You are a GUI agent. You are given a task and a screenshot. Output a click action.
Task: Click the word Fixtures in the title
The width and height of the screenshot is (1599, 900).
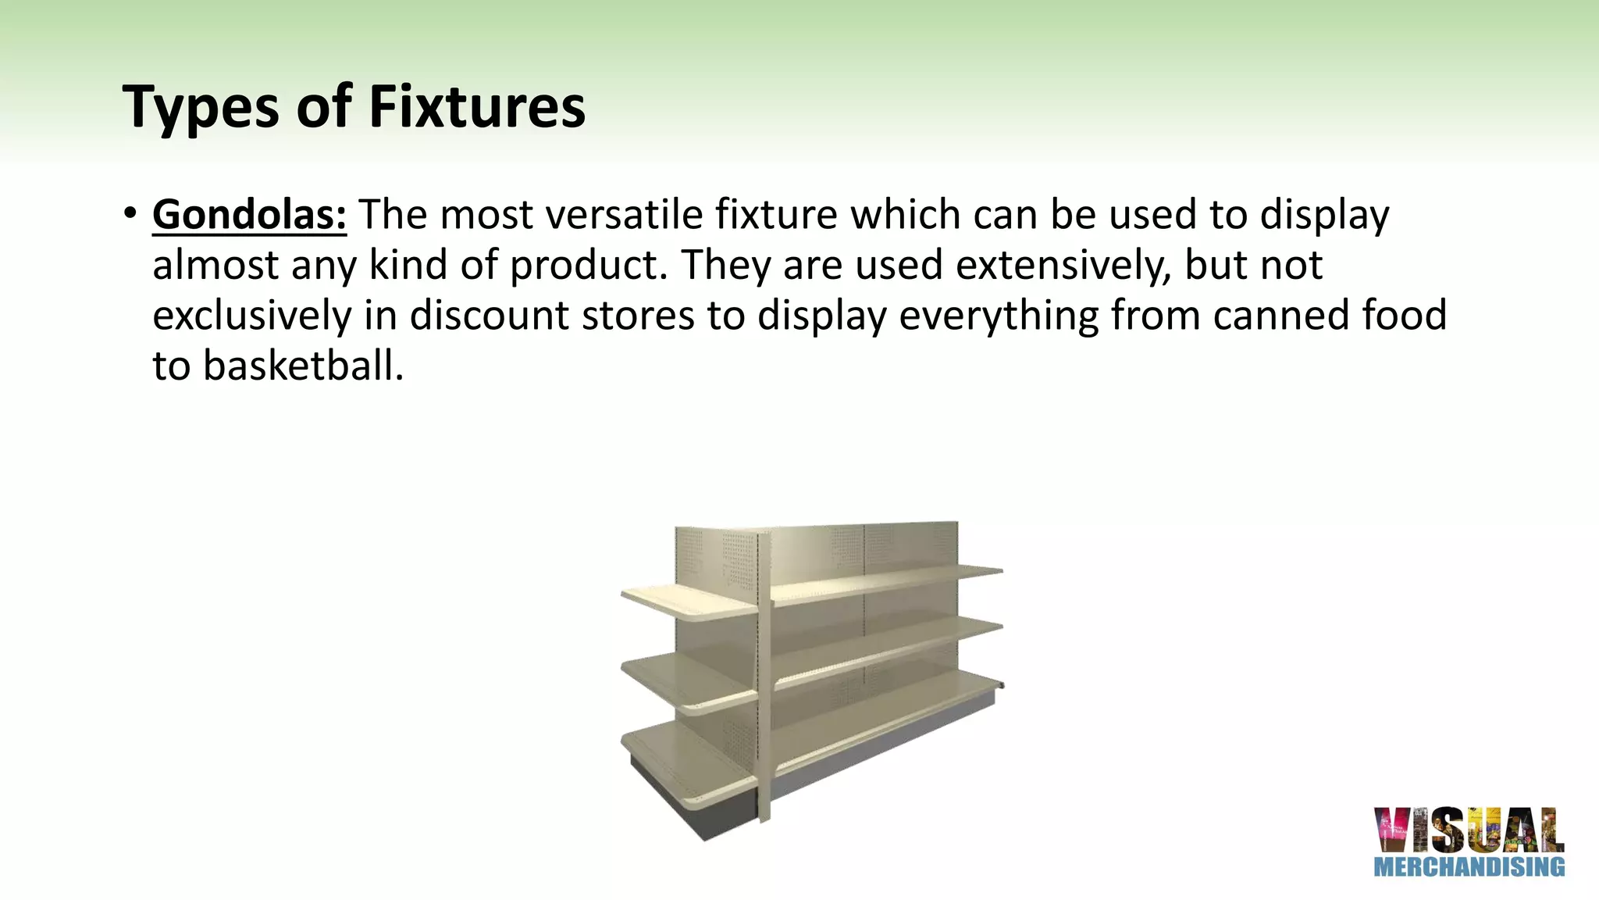[476, 107]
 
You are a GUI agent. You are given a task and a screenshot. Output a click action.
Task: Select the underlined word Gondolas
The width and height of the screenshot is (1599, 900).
[249, 214]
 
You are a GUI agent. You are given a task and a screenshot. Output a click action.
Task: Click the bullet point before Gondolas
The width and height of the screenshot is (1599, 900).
[130, 213]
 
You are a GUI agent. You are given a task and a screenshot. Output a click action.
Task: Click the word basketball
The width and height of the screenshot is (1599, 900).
[303, 366]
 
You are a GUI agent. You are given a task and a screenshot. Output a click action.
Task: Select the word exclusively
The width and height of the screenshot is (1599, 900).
[251, 315]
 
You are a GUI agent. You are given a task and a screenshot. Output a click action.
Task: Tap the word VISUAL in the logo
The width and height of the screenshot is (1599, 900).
[1469, 830]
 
